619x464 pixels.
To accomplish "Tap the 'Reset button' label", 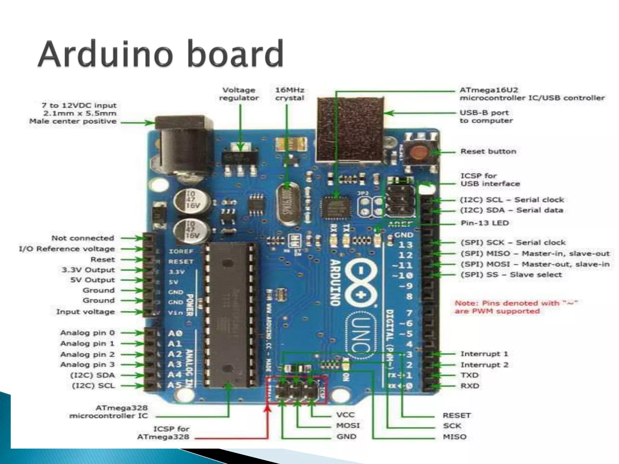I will [488, 151].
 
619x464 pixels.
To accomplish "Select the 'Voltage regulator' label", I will [239, 94].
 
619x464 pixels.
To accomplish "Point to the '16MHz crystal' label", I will [290, 94].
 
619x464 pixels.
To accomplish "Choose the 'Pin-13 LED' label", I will [485, 223].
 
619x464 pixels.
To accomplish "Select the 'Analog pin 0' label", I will [88, 333].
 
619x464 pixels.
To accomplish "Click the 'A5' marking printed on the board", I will [174, 385].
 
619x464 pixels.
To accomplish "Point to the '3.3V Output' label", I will [88, 270].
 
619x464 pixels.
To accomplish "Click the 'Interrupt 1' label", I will [484, 354].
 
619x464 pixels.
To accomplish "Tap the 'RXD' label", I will [470, 386].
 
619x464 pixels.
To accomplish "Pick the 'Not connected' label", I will [83, 238].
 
